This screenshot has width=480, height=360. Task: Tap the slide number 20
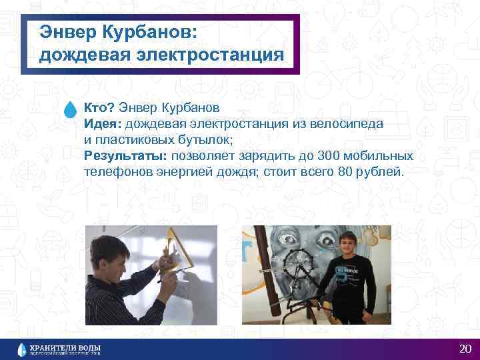(465, 349)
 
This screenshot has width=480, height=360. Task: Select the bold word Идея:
(103, 124)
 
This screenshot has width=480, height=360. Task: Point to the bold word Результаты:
(126, 156)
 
